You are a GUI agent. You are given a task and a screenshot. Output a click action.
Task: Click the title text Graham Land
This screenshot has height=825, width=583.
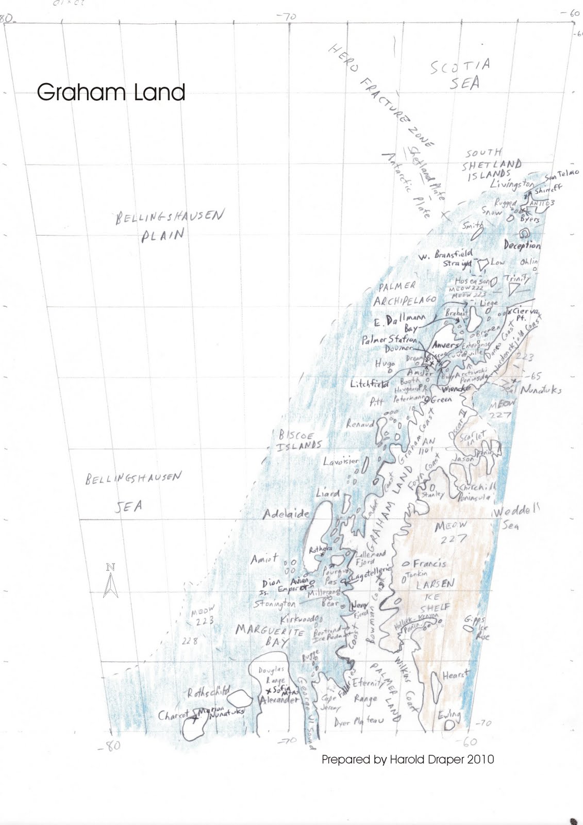pos(111,92)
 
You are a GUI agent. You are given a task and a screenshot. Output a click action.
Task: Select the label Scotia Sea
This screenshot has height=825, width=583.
pos(460,74)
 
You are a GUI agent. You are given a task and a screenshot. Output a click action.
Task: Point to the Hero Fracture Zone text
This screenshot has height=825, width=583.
pos(381,95)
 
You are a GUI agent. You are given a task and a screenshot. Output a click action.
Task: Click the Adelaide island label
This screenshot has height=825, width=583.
pos(286,514)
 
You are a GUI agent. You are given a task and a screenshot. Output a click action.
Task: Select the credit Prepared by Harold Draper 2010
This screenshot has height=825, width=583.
pos(407,760)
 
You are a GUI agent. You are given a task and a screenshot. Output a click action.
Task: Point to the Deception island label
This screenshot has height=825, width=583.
pos(522,245)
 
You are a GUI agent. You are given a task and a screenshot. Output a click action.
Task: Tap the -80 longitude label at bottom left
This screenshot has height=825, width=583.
pos(109,745)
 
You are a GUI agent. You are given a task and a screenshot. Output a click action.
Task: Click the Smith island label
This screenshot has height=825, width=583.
pos(472,225)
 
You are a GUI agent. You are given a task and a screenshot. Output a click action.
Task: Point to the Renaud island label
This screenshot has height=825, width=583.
pos(360,424)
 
